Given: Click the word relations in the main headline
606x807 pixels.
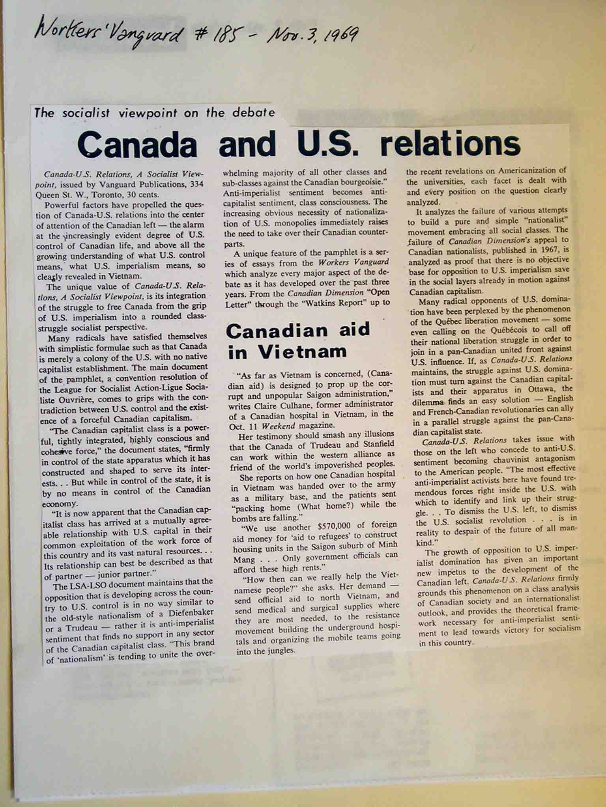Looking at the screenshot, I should [x=450, y=143].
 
